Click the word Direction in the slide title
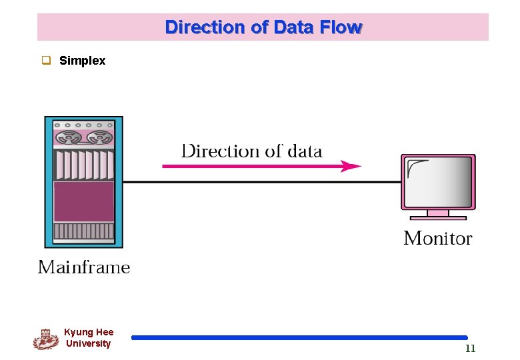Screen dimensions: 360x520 196,27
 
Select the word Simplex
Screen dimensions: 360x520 82,61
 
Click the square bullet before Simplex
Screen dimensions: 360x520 47,61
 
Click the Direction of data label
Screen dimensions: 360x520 251,151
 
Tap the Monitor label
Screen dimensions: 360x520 437,238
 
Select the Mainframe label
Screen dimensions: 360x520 84,267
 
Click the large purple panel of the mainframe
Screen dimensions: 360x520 83,201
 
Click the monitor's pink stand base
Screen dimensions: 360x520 437,216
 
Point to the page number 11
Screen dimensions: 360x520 470,349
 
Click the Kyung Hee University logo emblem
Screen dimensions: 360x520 45,339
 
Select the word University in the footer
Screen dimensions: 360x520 89,343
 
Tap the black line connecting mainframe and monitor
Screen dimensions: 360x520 260,182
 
